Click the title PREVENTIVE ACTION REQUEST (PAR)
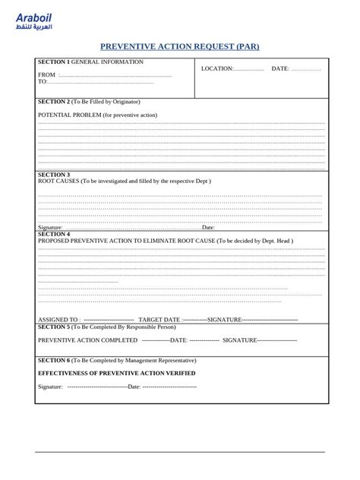pyautogui.click(x=180, y=46)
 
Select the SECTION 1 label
pyautogui.click(x=53, y=62)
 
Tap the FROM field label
pyautogui.click(x=46, y=75)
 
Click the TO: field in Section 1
pyautogui.click(x=43, y=82)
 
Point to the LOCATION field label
pyautogui.click(x=216, y=68)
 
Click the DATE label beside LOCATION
pyautogui.click(x=279, y=68)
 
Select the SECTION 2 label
pyautogui.click(x=53, y=101)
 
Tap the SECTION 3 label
pyautogui.click(x=53, y=175)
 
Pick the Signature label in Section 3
pyautogui.click(x=50, y=227)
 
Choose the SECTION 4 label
pyautogui.click(x=53, y=234)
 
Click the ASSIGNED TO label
pyautogui.click(x=58, y=320)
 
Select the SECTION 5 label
pyautogui.click(x=53, y=327)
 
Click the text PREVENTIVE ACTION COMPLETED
pyautogui.click(x=87, y=340)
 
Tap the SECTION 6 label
pyautogui.click(x=53, y=360)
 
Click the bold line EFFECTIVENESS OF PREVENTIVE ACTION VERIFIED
pyautogui.click(x=116, y=374)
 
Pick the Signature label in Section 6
pyautogui.click(x=50, y=387)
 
